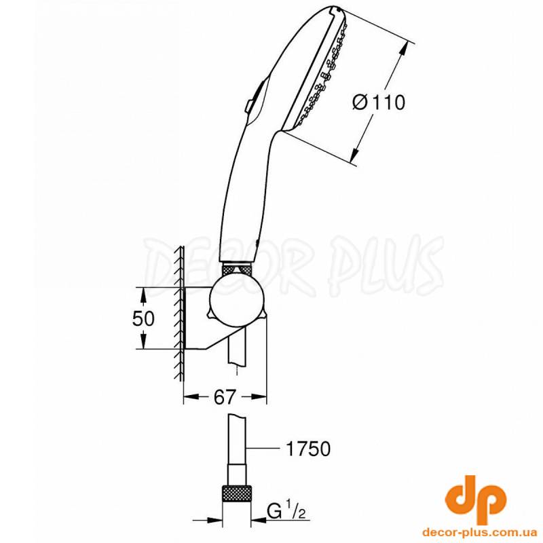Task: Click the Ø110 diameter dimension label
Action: (379, 103)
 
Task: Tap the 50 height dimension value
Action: (143, 318)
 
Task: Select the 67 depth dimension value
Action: (225, 397)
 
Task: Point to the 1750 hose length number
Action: (308, 449)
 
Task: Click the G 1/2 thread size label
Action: (286, 511)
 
